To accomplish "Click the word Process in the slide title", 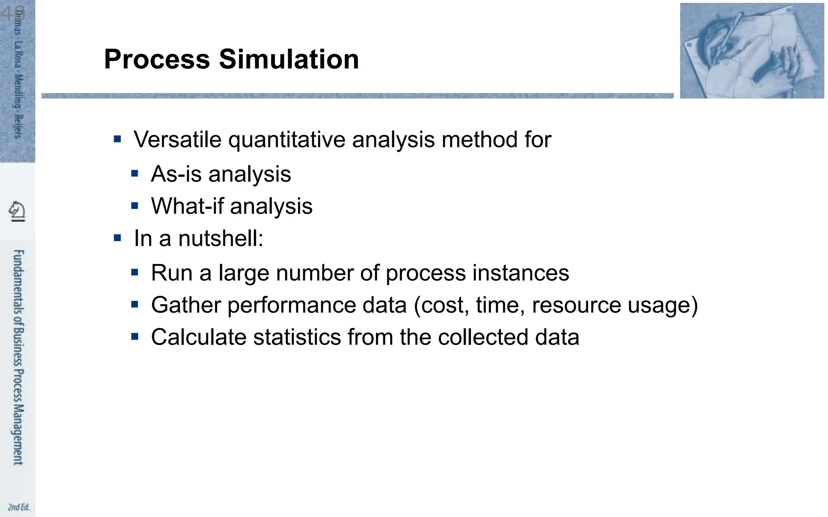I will [157, 59].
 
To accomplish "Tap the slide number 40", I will [13, 13].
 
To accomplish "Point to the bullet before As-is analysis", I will [135, 174].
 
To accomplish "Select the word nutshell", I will [220, 238].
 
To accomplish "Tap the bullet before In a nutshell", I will [118, 238].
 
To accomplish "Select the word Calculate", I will [198, 337].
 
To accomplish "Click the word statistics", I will [297, 337].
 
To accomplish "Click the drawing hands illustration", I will [752, 50].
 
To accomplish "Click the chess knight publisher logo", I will [17, 211].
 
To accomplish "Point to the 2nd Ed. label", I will [19, 507].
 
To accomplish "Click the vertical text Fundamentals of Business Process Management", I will [18, 357].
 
